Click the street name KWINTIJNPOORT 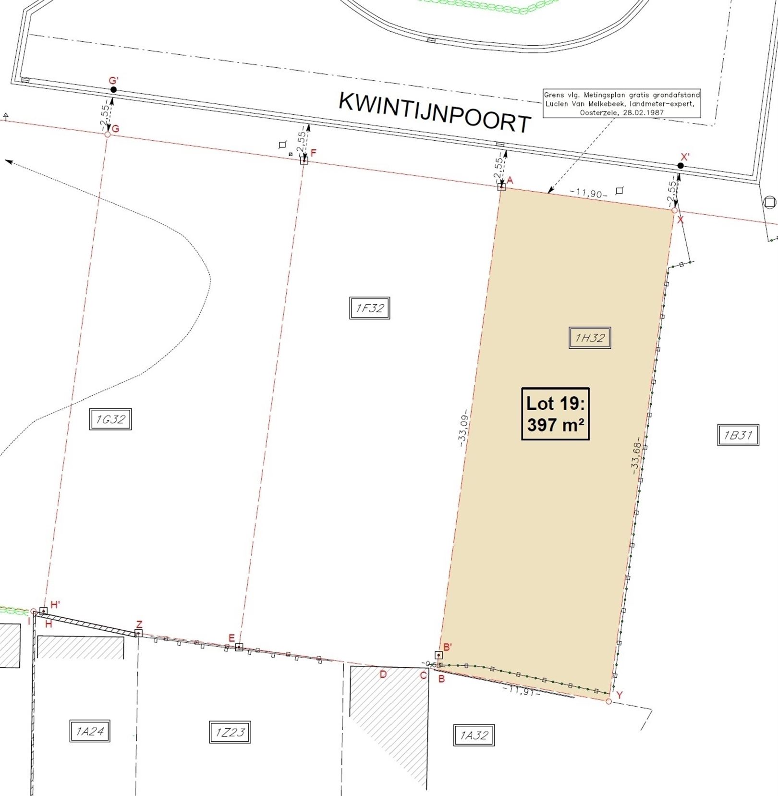pyautogui.click(x=435, y=113)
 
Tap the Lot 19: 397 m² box pyautogui.click(x=555, y=414)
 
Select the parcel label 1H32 pyautogui.click(x=589, y=338)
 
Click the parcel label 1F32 pyautogui.click(x=369, y=308)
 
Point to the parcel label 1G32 pyautogui.click(x=110, y=419)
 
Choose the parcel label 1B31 pyautogui.click(x=738, y=435)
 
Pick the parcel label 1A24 pyautogui.click(x=90, y=731)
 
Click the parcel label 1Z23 pyautogui.click(x=230, y=732)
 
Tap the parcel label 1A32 pyautogui.click(x=474, y=735)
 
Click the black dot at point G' pyautogui.click(x=113, y=90)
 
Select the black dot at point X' pyautogui.click(x=681, y=166)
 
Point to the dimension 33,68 pyautogui.click(x=636, y=456)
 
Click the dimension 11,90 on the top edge pyautogui.click(x=588, y=193)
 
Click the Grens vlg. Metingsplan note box pyautogui.click(x=621, y=103)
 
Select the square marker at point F pyautogui.click(x=304, y=160)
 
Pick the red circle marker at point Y pyautogui.click(x=608, y=701)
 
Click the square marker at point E pyautogui.click(x=239, y=648)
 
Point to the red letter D pyautogui.click(x=383, y=674)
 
